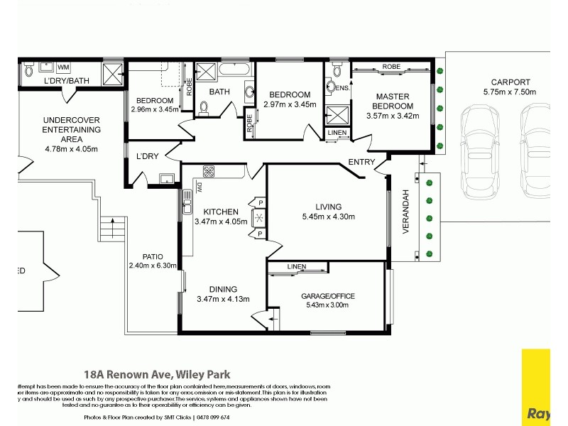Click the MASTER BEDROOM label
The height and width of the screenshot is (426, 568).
[394, 101]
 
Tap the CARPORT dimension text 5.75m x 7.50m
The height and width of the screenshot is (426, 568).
[509, 92]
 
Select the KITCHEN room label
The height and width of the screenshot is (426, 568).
[220, 212]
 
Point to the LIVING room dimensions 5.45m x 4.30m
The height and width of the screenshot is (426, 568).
[328, 217]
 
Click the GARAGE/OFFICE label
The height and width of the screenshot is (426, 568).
[327, 296]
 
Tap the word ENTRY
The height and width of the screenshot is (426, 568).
[361, 163]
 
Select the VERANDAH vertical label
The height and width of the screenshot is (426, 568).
[407, 215]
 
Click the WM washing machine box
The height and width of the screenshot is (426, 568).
[62, 67]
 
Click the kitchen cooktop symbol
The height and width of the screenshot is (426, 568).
[210, 171]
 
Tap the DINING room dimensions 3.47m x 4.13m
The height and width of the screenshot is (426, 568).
[222, 299]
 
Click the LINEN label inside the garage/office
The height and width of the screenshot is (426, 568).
[297, 267]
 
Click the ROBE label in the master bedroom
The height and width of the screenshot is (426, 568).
[391, 67]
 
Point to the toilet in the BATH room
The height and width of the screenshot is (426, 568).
[204, 107]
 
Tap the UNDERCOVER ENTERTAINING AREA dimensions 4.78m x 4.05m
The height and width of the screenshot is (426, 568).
[71, 149]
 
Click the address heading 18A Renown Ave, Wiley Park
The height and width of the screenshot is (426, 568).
[157, 374]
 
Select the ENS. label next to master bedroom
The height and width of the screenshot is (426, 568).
[343, 88]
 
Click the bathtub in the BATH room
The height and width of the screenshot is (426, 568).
[235, 70]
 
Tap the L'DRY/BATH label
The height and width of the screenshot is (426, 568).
[66, 81]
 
